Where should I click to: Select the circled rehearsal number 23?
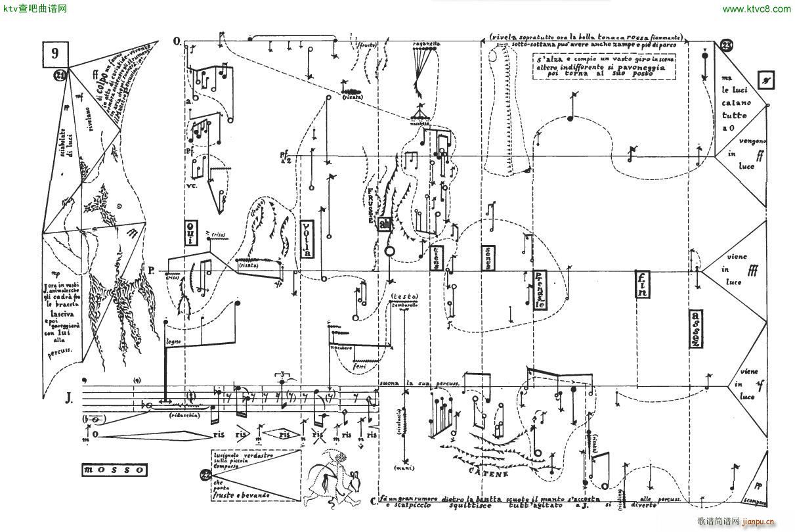point(727,45)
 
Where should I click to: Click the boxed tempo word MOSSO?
point(115,470)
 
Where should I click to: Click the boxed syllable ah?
point(385,224)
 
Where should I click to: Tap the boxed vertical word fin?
point(642,284)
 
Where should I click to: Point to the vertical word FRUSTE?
point(372,200)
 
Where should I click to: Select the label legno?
point(173,341)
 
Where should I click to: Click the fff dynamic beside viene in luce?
point(752,268)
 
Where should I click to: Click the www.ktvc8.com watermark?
point(756,9)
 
